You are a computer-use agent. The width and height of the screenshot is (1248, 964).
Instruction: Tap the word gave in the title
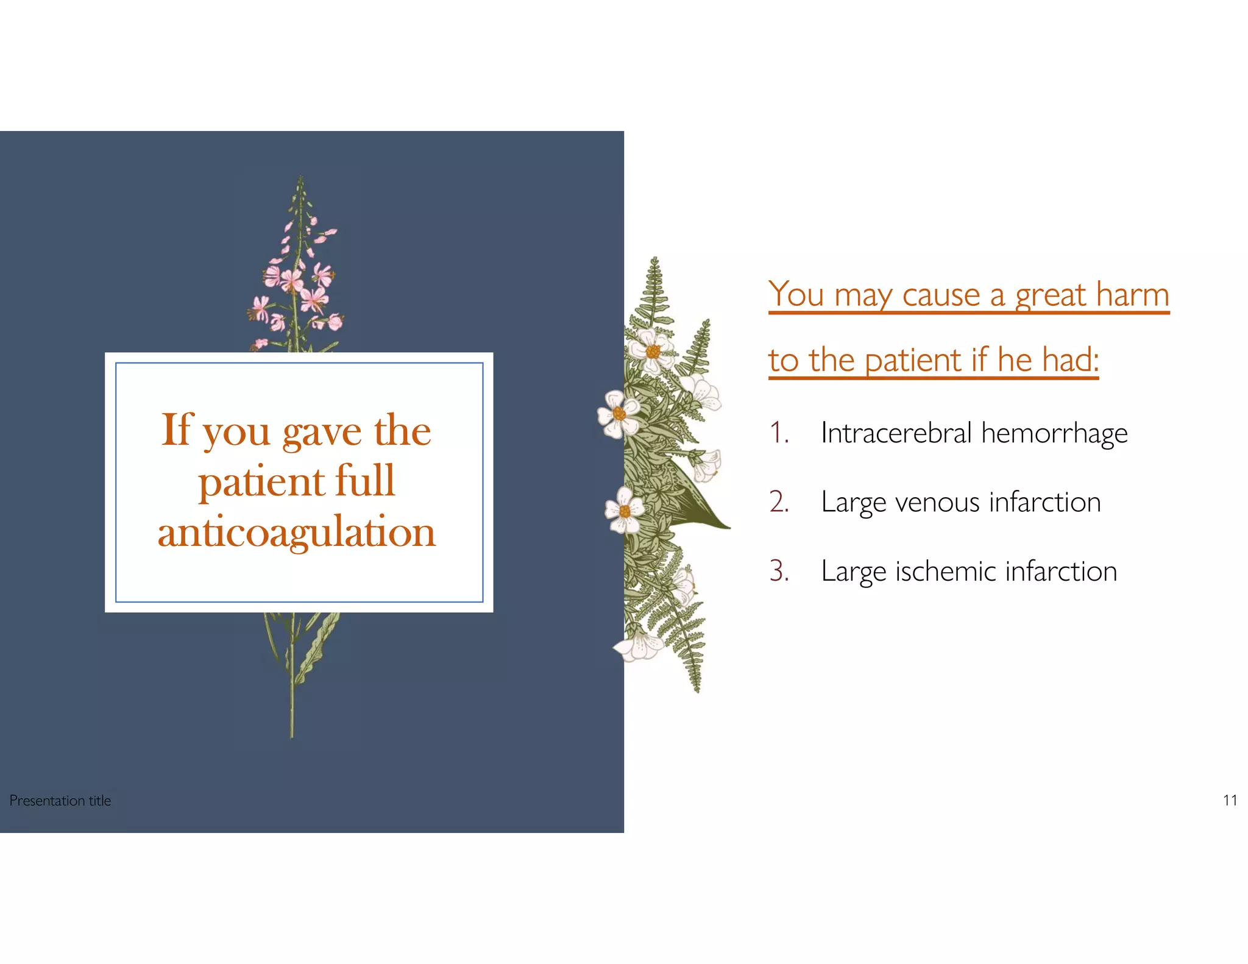coord(322,431)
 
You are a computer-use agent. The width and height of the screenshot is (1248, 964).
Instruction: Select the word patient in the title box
coord(261,482)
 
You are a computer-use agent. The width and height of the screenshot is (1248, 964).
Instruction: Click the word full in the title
coord(365,481)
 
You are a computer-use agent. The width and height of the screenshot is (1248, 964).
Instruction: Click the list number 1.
coord(778,433)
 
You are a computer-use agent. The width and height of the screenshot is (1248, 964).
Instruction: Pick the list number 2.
coord(779,502)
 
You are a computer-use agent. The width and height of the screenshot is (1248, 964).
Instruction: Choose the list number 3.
coord(779,572)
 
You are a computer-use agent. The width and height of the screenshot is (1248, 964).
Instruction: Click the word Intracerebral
coord(896,433)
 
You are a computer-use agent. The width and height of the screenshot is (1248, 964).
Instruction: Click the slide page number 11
coord(1230,800)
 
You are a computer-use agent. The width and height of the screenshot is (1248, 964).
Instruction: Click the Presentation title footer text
coord(60,801)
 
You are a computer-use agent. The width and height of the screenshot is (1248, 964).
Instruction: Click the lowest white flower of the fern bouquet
coord(639,646)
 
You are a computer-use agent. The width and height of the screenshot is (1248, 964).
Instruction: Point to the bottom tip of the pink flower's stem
coord(292,734)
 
